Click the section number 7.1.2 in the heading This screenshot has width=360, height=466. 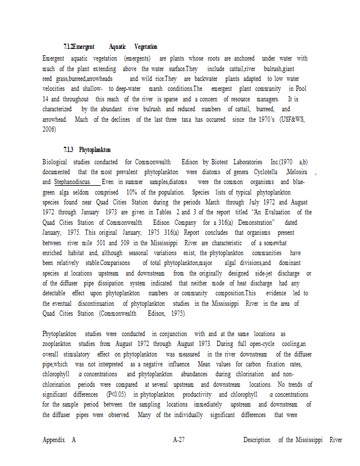[x=69, y=47]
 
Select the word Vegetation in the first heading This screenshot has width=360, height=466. [x=146, y=47]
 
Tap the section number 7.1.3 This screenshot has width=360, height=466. [x=69, y=150]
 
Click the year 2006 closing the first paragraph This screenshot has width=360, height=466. [x=50, y=129]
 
